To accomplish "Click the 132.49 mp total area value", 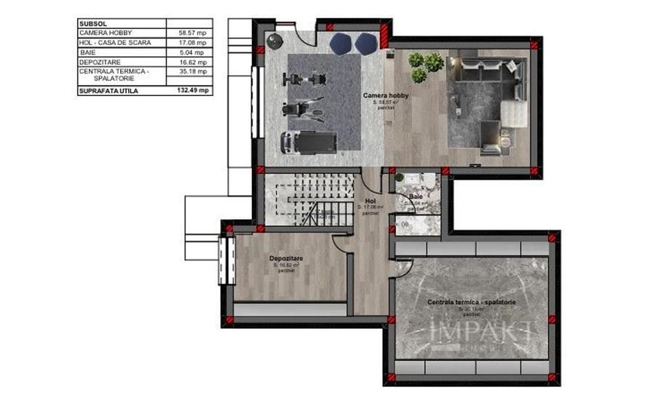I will [x=193, y=91].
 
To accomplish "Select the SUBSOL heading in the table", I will [x=91, y=23].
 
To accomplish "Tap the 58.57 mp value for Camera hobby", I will [x=191, y=33].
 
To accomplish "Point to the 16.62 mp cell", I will [x=191, y=63].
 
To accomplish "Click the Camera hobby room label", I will [x=386, y=96].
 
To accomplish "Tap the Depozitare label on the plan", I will [x=285, y=258].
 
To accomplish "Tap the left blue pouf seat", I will [x=340, y=44].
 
